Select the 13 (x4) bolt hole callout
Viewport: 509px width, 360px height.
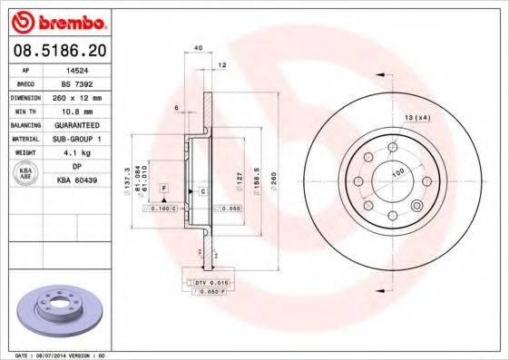tap(417, 118)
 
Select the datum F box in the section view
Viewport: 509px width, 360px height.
tap(164, 187)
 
